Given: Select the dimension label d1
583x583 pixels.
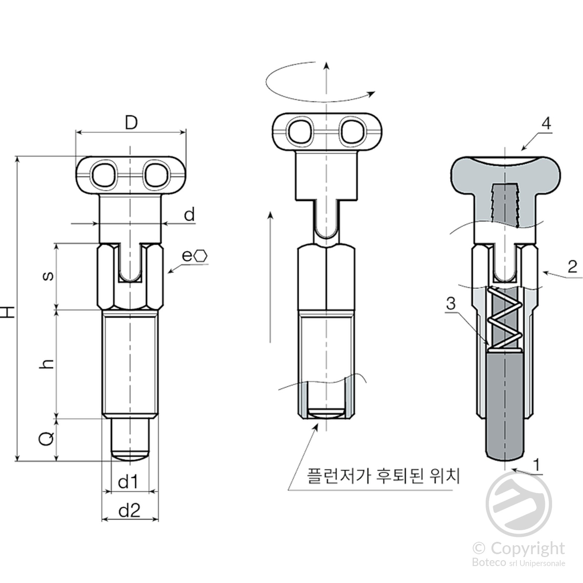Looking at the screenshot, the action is (x=128, y=482).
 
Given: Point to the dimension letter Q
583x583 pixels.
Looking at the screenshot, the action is (x=46, y=438).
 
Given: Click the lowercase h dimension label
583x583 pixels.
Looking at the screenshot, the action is (x=47, y=364).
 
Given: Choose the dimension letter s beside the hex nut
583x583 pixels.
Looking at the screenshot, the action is (x=48, y=276).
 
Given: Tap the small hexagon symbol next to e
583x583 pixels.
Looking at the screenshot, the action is (x=201, y=256).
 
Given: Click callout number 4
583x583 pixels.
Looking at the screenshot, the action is (x=546, y=124).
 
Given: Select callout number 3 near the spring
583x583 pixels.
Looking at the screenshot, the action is (x=451, y=303).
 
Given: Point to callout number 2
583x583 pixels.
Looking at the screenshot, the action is (x=572, y=267).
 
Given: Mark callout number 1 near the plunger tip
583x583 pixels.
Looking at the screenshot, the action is (x=536, y=465).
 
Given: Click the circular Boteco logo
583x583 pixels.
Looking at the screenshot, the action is (x=519, y=504).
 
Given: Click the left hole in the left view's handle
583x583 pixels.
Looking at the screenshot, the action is (x=105, y=175).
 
